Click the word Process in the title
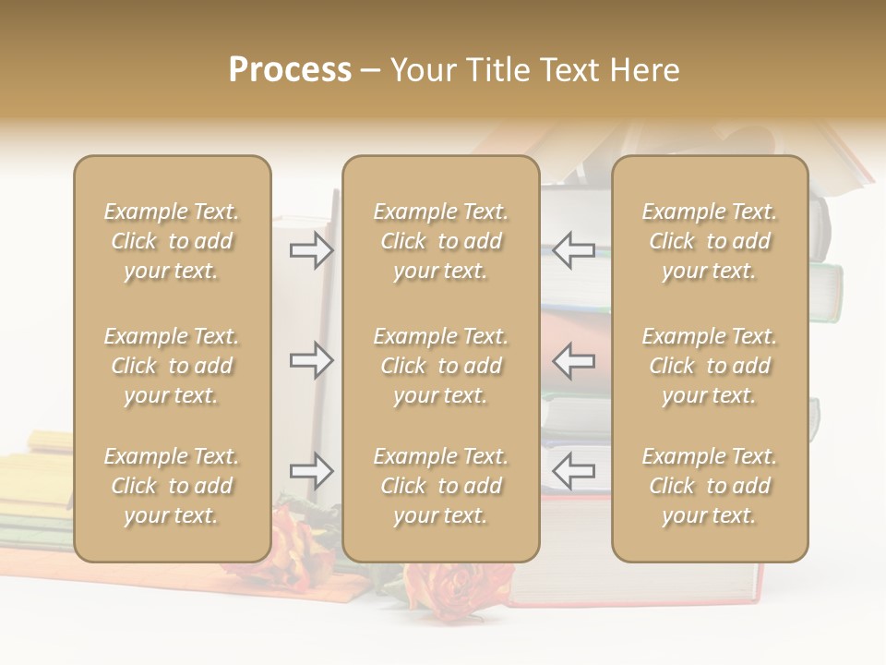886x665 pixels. click(x=290, y=70)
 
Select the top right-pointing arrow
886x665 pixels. click(x=311, y=250)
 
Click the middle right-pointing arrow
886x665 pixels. click(x=311, y=360)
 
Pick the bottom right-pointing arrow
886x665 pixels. click(x=311, y=471)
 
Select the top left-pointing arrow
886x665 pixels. click(x=574, y=250)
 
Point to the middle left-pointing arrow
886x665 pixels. click(x=574, y=360)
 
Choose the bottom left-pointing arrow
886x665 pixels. click(x=574, y=471)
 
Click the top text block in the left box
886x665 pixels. click(x=172, y=241)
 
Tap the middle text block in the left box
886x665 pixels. click(x=172, y=366)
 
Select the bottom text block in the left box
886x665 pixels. click(x=172, y=486)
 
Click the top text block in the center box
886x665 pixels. click(x=440, y=241)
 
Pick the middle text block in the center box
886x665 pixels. click(x=440, y=366)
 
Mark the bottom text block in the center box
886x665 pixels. click(x=440, y=486)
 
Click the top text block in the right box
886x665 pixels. click(x=709, y=241)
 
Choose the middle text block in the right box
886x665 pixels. click(x=709, y=366)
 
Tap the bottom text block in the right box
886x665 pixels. click(x=709, y=486)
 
